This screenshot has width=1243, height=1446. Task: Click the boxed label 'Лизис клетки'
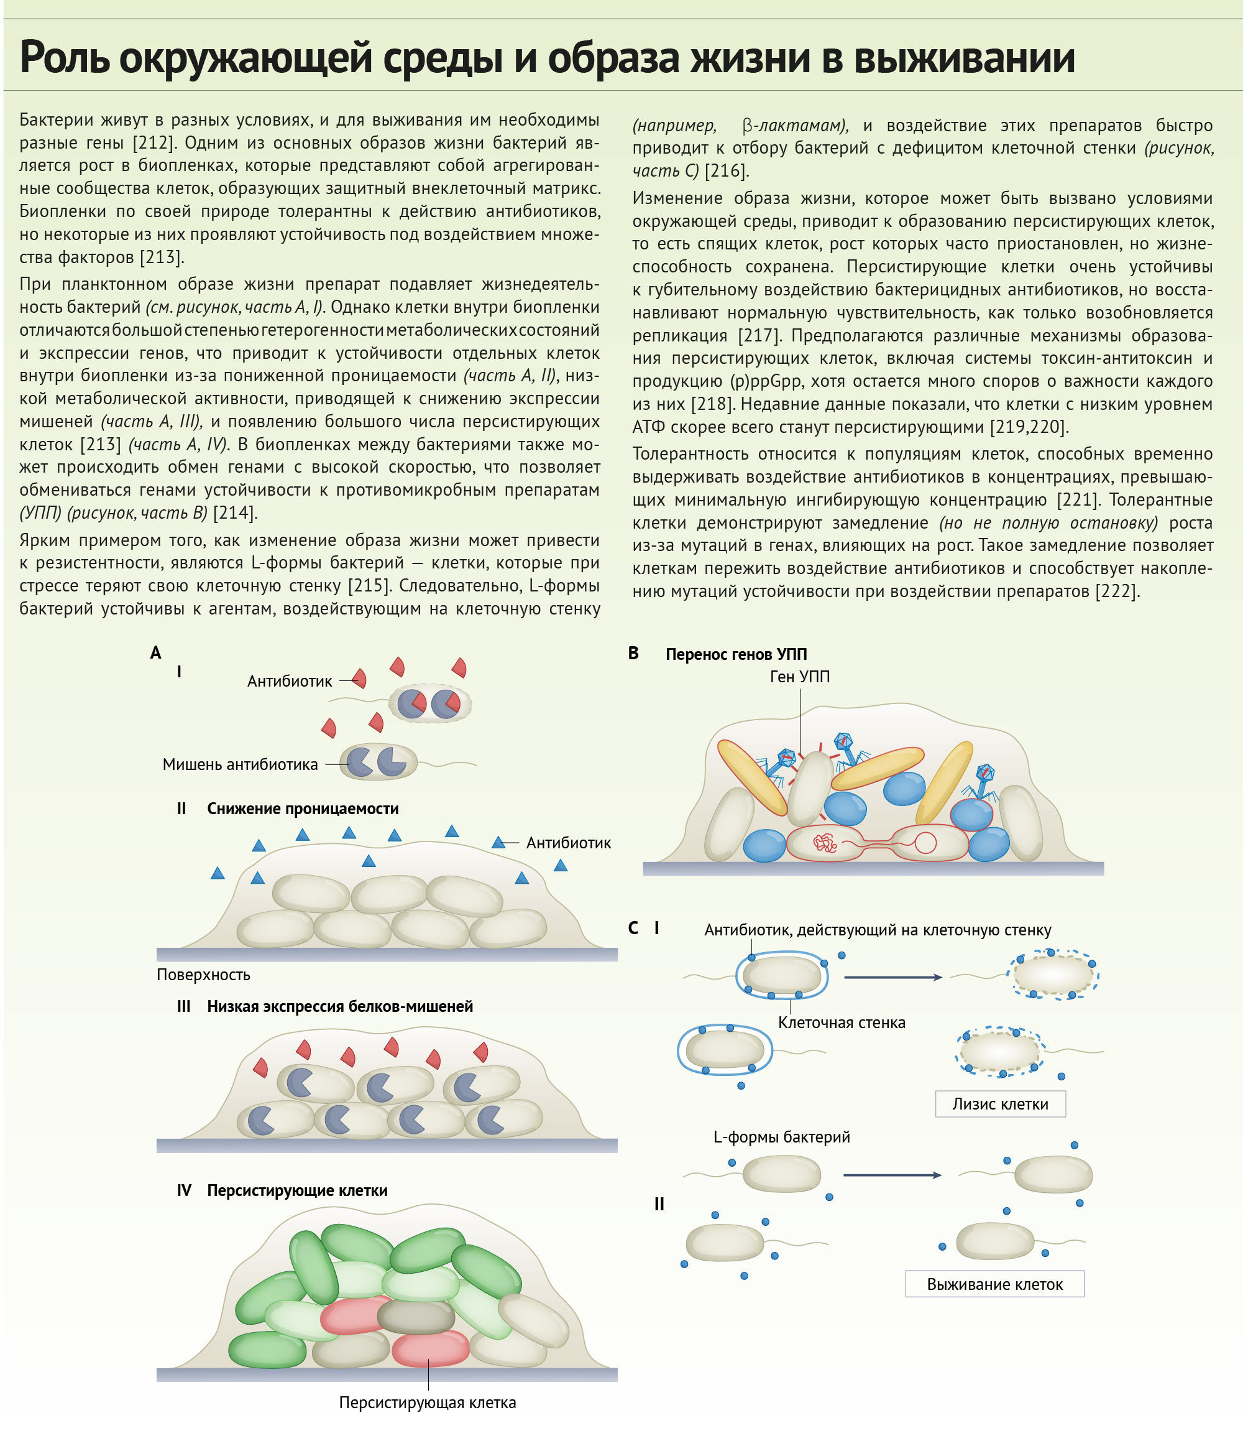999,1103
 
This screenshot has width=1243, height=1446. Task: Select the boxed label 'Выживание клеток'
994,1284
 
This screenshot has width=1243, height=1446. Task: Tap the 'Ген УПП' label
799,676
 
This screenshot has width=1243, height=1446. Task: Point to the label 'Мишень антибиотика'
240,764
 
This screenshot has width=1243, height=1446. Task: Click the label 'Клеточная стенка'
842,1022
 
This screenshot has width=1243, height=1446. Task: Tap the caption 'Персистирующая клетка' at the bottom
428,1402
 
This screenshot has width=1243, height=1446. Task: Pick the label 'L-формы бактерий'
781,1137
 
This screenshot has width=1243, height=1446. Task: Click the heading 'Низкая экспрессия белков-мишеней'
340,1006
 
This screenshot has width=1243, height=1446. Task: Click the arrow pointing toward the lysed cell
893,977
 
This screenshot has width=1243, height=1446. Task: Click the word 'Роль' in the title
64,57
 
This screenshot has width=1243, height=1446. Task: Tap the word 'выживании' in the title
964,57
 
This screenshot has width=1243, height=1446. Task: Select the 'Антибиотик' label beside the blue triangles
568,843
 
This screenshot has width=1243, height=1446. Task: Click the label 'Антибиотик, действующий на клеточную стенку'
878,930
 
